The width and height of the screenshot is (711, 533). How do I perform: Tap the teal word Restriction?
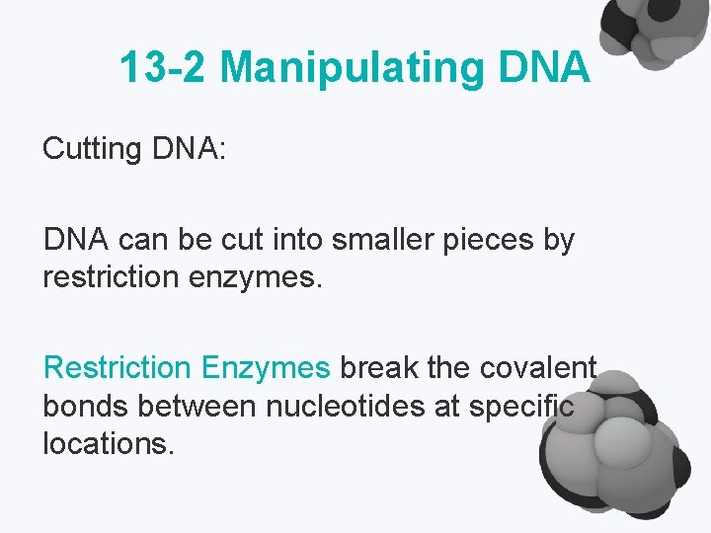(x=118, y=368)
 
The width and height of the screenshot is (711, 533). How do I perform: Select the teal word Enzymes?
(x=266, y=368)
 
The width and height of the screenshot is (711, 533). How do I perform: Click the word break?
(x=379, y=368)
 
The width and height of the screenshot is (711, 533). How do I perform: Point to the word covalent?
(x=537, y=368)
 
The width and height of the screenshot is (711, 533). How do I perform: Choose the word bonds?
(x=85, y=406)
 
